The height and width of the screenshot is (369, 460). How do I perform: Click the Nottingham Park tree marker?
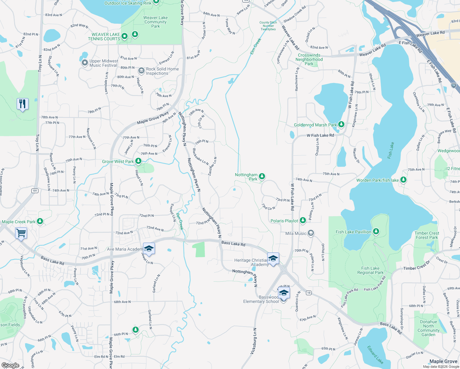tap(262, 177)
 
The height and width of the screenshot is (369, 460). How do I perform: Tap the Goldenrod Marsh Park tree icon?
tap(341, 125)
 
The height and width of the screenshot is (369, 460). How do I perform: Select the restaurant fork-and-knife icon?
tap(22, 104)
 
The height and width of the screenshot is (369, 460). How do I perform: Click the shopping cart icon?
tap(21, 233)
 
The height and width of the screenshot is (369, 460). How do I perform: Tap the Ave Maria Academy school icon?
tap(149, 249)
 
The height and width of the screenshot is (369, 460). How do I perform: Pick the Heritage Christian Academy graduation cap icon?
tap(273, 258)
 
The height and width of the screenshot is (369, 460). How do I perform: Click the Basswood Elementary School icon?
tap(284, 293)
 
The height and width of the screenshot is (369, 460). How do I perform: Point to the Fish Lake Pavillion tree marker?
tap(376, 231)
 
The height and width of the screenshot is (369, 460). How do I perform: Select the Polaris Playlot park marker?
tap(303, 220)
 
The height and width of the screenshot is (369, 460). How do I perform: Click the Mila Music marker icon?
tap(311, 233)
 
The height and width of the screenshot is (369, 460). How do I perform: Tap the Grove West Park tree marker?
tap(138, 161)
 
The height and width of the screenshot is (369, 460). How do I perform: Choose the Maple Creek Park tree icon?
tap(40, 221)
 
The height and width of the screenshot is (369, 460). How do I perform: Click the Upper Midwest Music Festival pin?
tap(85, 63)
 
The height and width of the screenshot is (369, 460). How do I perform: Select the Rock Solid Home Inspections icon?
tap(141, 71)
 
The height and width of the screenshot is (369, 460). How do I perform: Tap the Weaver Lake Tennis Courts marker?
tap(125, 36)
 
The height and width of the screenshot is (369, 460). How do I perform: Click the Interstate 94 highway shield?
tap(454, 85)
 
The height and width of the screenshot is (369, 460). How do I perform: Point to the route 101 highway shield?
tap(35, 191)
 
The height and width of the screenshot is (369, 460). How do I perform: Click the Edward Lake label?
tap(375, 355)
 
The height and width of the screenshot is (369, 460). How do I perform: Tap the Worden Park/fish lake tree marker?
tap(403, 180)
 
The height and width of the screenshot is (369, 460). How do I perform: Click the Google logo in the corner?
tap(10, 365)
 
